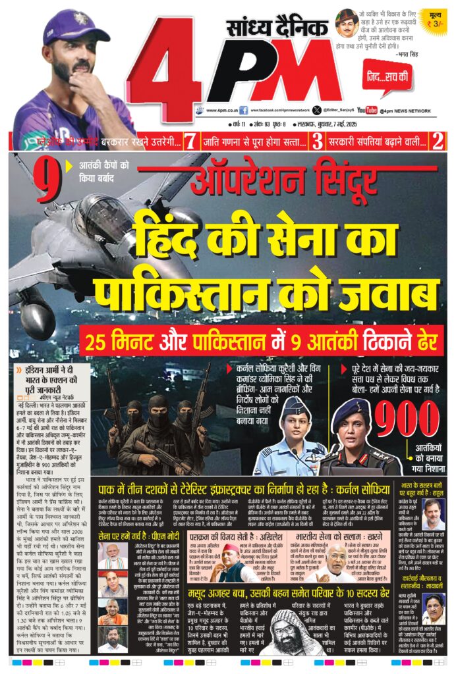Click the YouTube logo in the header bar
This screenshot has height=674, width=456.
pyautogui.click(x=367, y=111)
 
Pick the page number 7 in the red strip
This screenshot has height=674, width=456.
pyautogui.click(x=190, y=141)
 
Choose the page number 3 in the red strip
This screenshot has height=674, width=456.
pyautogui.click(x=317, y=141)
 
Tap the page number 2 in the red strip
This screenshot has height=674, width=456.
pyautogui.click(x=437, y=141)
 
